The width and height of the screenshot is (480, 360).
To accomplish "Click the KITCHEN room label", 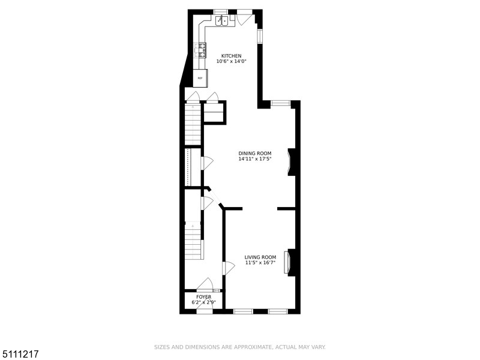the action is point(231,56).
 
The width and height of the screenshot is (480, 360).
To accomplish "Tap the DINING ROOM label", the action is point(255,154).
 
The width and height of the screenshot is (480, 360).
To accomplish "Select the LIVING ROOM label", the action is point(260,257).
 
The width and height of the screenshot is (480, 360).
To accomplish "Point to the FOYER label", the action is point(203,297).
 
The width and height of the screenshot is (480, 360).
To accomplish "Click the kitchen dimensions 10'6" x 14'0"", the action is point(232,61).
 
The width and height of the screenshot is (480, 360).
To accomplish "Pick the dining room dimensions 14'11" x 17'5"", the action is point(255,159).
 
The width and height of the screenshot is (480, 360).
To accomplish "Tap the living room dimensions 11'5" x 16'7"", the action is point(260,263).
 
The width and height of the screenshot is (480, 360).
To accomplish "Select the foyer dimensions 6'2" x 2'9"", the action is point(204,302).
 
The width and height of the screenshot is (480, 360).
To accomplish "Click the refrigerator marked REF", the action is point(200,78).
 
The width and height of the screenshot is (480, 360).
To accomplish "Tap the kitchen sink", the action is point(222,21).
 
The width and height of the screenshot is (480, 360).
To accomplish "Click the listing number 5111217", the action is point(20,354).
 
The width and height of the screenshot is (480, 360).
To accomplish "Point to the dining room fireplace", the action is point(291,162).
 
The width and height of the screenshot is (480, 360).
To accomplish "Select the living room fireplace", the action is point(289,262).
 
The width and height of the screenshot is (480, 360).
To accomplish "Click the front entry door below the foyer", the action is point(204,310).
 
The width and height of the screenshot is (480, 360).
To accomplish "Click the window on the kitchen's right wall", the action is point(260,36).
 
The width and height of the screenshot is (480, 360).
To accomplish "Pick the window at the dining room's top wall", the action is point(280,103).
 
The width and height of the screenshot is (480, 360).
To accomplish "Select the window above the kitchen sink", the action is point(219,12).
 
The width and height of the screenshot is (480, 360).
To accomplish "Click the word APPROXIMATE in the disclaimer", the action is point(253,347).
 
